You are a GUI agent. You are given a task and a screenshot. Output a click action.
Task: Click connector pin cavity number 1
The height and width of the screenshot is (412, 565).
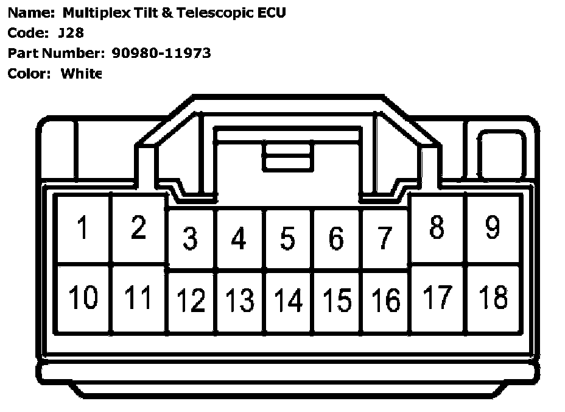[83, 229]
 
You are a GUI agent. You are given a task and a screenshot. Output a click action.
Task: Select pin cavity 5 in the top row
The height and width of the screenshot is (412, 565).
[288, 238]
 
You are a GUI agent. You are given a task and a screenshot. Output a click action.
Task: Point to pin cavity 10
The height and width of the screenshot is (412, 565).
[83, 299]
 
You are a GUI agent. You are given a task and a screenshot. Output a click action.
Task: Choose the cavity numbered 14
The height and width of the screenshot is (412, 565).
[288, 300]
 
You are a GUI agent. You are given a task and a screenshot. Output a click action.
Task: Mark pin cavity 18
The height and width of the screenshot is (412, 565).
[493, 299]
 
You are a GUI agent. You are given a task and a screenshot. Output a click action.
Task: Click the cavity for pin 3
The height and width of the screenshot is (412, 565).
[191, 238]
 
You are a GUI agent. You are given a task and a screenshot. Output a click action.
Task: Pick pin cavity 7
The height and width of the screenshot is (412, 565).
[384, 238]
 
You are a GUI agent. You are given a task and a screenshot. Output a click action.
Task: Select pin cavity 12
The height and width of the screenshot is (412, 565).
[191, 300]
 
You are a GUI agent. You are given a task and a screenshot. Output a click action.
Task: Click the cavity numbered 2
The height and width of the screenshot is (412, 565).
[138, 229]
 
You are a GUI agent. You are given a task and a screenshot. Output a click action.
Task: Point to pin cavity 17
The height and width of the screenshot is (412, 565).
[437, 299]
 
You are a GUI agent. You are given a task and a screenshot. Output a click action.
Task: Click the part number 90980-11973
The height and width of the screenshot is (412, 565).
[161, 53]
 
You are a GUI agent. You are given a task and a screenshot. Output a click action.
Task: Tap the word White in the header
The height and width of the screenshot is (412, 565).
[81, 74]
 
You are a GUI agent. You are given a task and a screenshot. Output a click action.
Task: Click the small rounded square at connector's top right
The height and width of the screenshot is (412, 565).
[500, 155]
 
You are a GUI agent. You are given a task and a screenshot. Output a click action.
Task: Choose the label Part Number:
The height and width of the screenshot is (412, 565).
[57, 53]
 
